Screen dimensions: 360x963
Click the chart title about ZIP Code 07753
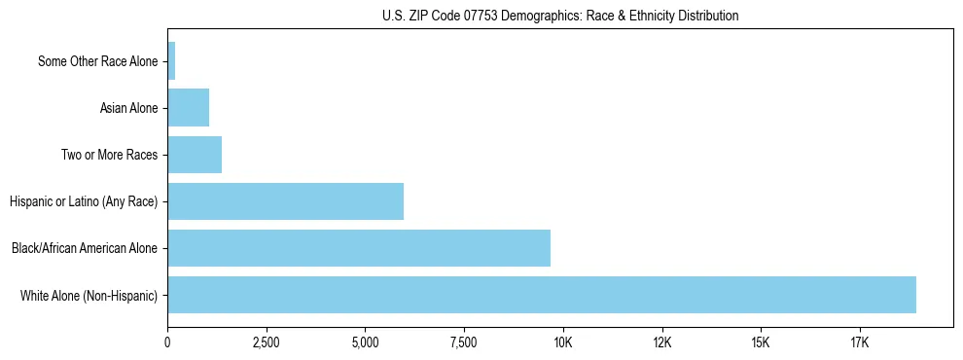(x=559, y=16)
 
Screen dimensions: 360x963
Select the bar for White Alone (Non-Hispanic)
(x=542, y=295)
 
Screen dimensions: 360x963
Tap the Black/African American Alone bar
(x=359, y=248)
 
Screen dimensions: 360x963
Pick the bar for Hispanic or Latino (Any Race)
(x=285, y=201)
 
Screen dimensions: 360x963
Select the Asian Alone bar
(x=188, y=108)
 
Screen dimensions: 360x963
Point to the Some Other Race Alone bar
(x=171, y=61)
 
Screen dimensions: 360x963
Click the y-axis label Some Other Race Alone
(x=97, y=61)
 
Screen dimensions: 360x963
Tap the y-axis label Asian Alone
(x=128, y=108)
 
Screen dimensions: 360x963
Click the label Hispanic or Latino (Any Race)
(x=84, y=201)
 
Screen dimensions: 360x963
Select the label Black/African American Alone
(x=85, y=248)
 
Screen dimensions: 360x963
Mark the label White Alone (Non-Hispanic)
(x=89, y=295)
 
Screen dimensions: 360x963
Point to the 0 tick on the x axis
(x=167, y=342)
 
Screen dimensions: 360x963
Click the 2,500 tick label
(x=266, y=342)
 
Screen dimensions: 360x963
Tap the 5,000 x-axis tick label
(x=365, y=342)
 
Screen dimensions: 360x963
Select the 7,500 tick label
(x=464, y=342)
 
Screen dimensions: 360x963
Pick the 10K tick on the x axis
(x=563, y=342)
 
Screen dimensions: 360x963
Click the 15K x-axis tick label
(x=761, y=342)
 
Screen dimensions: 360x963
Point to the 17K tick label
(x=860, y=342)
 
